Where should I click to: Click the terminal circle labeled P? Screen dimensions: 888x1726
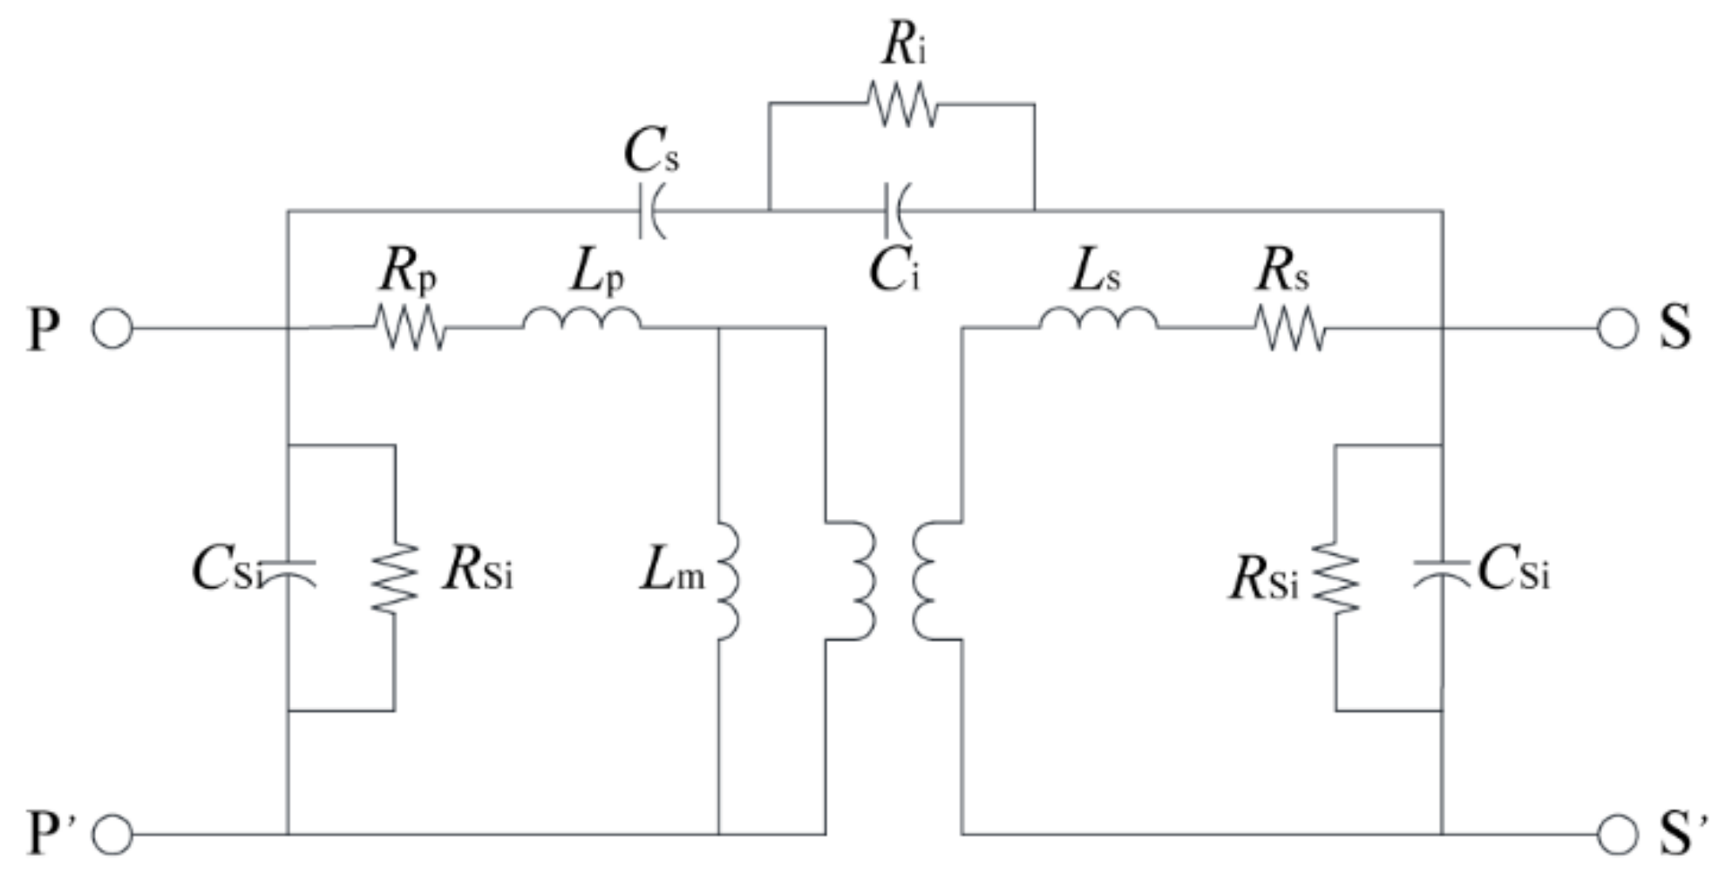pos(112,330)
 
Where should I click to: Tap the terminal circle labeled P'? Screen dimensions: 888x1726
pos(112,835)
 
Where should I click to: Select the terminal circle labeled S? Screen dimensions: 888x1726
pos(1617,330)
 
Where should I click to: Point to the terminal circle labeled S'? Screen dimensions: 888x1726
pos(1617,835)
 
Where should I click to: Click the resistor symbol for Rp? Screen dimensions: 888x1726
pos(410,329)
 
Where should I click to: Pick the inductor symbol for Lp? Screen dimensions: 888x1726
pos(581,320)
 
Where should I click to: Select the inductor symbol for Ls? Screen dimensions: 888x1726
pos(1098,320)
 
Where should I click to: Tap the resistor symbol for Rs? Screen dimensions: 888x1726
pos(1290,330)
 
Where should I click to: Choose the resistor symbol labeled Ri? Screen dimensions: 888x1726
pos(902,105)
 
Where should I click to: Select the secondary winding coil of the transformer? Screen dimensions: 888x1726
pos(927,580)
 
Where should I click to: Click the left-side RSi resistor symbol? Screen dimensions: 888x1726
pos(395,577)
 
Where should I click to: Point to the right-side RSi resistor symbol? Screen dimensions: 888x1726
pos(1336,577)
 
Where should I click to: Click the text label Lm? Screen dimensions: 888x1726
pos(672,574)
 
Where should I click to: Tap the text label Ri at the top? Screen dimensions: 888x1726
pos(903,45)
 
